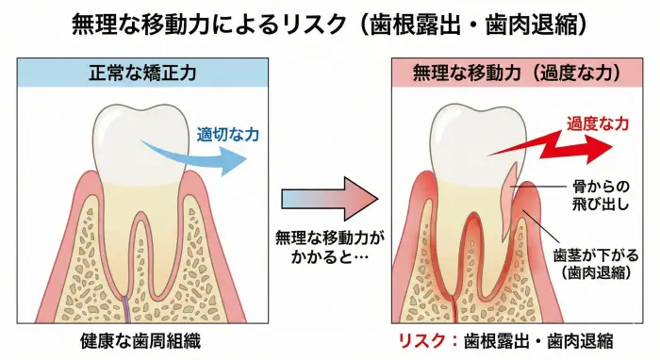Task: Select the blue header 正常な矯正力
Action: coord(142,72)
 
